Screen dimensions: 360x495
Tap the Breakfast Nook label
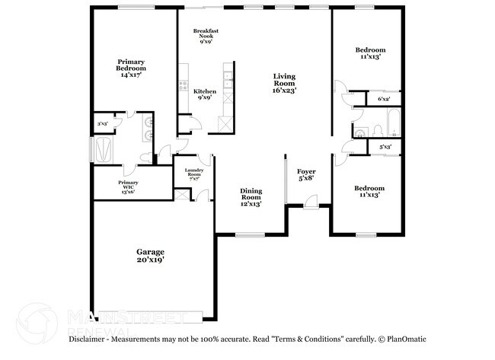(205, 35)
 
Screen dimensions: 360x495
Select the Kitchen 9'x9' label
(205, 94)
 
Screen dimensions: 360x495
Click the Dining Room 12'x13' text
(251, 196)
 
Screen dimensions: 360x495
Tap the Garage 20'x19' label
(150, 256)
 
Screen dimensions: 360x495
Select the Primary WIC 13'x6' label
(128, 187)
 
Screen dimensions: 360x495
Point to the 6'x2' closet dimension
(384, 100)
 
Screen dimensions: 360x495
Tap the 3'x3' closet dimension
(101, 123)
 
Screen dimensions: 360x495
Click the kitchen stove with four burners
(183, 84)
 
